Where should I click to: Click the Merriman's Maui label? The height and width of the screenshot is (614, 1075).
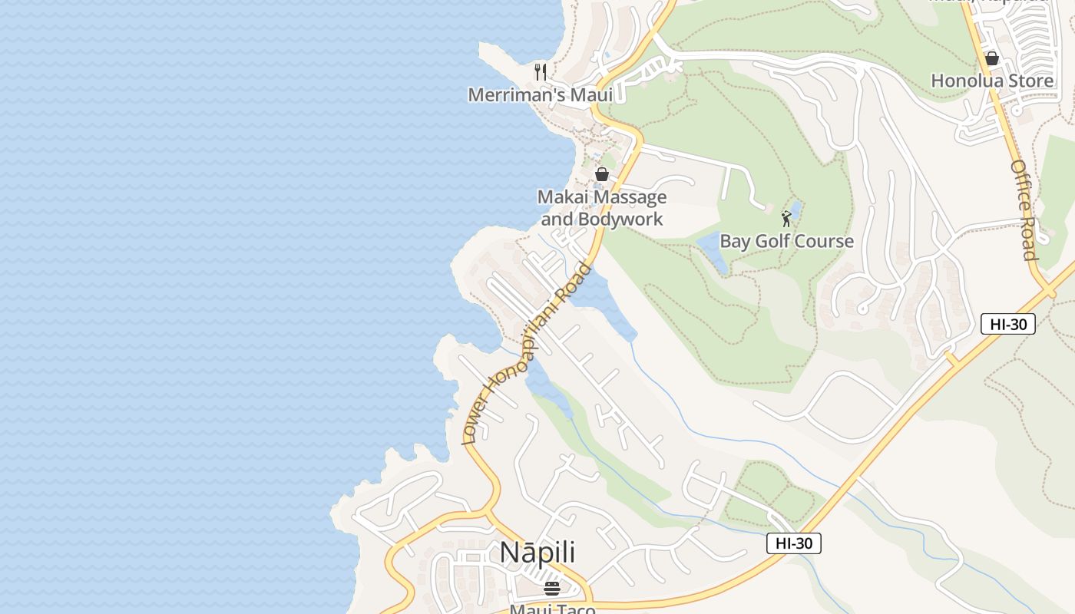click(541, 95)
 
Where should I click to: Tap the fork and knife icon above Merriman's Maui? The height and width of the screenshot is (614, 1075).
click(541, 72)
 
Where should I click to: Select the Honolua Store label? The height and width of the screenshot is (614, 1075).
click(992, 81)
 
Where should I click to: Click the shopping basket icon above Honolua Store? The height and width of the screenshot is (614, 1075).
click(992, 58)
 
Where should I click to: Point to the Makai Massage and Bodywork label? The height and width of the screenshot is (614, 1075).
click(602, 208)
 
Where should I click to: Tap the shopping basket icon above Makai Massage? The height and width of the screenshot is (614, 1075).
click(602, 174)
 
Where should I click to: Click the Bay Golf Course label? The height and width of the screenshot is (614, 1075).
click(786, 241)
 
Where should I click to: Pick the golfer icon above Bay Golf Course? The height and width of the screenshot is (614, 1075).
click(786, 219)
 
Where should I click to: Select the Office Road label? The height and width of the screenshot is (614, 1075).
click(1024, 210)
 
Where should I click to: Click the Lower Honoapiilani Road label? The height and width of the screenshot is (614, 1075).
click(528, 354)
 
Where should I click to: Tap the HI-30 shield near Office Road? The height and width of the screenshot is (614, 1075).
click(1008, 324)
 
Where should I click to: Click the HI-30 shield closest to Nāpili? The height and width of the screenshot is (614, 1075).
click(794, 543)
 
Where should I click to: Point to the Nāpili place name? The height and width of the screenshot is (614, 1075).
click(537, 553)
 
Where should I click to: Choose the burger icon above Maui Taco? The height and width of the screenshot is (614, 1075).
click(552, 589)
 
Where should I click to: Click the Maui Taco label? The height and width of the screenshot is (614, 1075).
click(553, 609)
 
